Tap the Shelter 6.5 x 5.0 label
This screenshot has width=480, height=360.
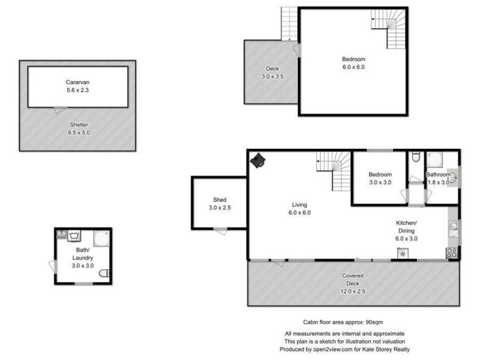click(78, 128)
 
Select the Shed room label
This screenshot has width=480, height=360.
click(219, 204)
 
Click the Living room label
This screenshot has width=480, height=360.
click(299, 208)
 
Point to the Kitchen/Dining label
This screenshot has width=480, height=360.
click(406, 230)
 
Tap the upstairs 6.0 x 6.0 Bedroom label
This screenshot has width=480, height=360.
click(353, 63)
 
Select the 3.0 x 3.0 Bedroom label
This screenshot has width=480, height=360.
click(380, 178)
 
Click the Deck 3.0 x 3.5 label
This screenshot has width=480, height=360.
click(272, 73)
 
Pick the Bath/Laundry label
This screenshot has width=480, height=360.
click(83, 257)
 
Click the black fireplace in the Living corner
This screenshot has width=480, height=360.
click(259, 160)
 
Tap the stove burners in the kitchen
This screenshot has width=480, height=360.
click(452, 253)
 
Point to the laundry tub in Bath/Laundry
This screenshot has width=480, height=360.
click(75, 236)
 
